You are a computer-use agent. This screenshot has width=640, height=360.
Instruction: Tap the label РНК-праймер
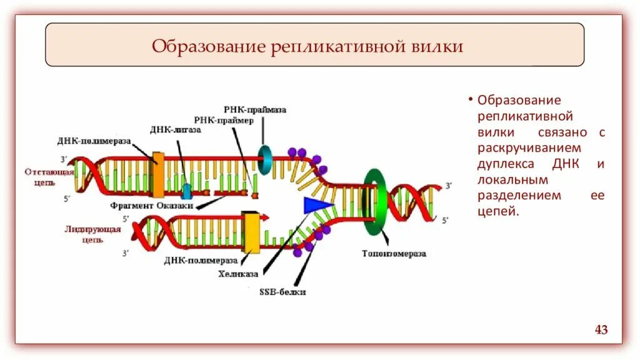point(223,120)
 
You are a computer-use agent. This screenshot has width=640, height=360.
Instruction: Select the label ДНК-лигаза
point(175,130)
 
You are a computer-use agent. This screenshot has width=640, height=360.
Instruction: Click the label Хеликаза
point(240,273)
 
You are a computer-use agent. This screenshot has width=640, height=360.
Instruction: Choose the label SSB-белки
point(283,291)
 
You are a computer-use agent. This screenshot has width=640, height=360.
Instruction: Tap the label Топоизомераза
point(394,254)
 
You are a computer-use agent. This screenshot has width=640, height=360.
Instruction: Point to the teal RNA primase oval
point(264,160)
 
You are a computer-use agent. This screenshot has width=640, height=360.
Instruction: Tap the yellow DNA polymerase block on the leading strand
point(251,231)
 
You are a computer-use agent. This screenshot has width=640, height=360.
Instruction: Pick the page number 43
point(601,329)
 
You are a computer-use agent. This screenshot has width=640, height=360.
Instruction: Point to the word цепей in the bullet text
point(497,212)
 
